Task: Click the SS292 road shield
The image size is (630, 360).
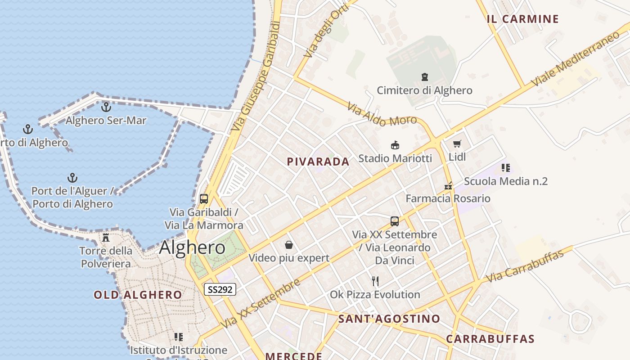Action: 220,289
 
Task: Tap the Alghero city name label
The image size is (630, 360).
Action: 192,248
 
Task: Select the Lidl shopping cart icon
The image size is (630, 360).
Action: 457,144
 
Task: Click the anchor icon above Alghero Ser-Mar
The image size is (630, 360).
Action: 106,107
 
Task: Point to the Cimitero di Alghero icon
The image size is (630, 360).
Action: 425,77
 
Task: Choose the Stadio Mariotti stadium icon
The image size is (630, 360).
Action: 395,145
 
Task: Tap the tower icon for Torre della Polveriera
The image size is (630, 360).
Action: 106,237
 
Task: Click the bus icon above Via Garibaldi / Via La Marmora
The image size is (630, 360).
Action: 204,198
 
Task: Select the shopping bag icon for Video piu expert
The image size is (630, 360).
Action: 289,245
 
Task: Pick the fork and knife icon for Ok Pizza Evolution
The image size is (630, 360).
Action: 375,281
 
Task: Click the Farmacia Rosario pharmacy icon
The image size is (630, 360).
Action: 448,185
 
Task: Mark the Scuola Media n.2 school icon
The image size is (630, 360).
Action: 505,168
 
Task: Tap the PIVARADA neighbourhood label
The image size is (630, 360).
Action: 318,162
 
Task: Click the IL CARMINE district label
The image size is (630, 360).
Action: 522,19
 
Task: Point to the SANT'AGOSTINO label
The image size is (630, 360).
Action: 389,319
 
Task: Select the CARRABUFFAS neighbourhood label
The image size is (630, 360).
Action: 490,339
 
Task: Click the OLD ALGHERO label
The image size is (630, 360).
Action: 138,295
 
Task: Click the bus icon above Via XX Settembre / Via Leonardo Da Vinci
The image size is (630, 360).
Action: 395,221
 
